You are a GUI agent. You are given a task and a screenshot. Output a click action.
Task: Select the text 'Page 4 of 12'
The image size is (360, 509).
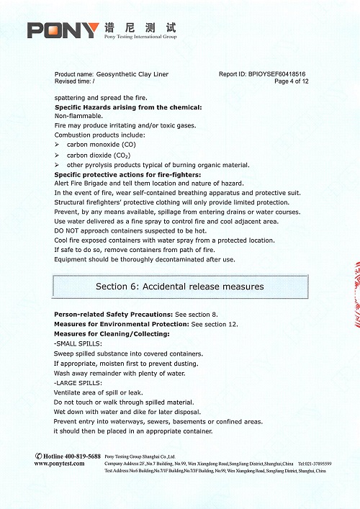(292, 81)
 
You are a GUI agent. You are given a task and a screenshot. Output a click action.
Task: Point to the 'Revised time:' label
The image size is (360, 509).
(72, 81)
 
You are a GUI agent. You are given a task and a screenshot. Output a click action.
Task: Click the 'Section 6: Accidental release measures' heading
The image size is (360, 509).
(180, 287)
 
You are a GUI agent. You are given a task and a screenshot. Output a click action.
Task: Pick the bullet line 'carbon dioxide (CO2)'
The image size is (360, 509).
(100, 155)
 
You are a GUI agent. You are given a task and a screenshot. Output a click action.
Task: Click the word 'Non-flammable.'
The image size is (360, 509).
(78, 116)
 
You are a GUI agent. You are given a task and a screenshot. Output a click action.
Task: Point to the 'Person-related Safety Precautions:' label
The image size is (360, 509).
(112, 315)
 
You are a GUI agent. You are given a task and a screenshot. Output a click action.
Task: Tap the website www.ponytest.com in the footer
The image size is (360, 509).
(61, 464)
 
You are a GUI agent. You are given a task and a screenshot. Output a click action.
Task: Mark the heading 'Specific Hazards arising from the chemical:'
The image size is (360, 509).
(128, 107)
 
